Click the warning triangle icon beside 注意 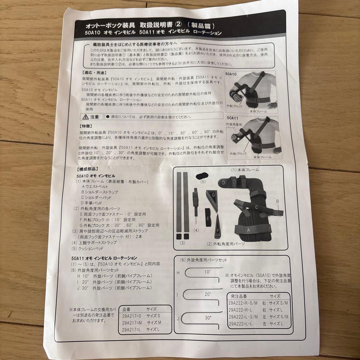(x=86, y=117)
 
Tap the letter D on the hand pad (x=224, y=183)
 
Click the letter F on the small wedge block (x=218, y=230)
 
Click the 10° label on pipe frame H (x=207, y=272)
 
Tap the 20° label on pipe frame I (x=208, y=294)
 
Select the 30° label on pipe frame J (x=208, y=318)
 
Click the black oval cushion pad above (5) (x=201, y=175)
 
